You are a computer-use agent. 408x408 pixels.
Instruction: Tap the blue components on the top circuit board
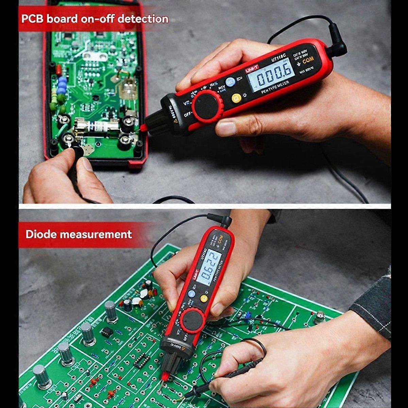pos(62,85)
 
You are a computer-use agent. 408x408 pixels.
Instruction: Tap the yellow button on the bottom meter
pos(204,299)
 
